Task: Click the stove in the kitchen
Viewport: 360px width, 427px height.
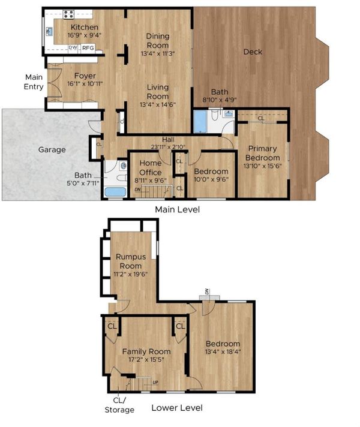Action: (68, 14)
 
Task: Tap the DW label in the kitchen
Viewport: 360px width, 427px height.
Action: (73, 47)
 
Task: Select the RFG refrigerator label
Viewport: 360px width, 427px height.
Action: (88, 48)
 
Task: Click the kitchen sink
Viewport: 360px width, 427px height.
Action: (50, 31)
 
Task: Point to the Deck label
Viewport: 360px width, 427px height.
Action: (253, 52)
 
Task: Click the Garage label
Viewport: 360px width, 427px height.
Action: (52, 149)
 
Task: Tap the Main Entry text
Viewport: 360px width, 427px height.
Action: (34, 82)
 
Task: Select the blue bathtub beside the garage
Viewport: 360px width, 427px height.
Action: (115, 192)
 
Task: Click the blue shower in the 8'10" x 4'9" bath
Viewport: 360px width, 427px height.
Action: (200, 122)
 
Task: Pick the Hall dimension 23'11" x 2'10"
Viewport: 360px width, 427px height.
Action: (168, 147)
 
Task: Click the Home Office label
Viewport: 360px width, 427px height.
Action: (151, 168)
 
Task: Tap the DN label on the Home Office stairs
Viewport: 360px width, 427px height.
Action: (138, 190)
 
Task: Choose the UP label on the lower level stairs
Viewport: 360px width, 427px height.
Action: (155, 383)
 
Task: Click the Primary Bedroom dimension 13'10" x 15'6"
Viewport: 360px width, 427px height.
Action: (262, 166)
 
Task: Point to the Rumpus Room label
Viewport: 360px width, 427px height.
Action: (131, 261)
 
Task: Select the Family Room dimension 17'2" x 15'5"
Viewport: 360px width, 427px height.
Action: (146, 360)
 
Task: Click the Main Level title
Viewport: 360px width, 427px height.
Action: (177, 209)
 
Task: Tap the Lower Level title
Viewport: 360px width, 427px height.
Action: (177, 408)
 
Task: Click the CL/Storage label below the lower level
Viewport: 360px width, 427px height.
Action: (119, 405)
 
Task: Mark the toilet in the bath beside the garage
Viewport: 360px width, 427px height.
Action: (122, 178)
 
